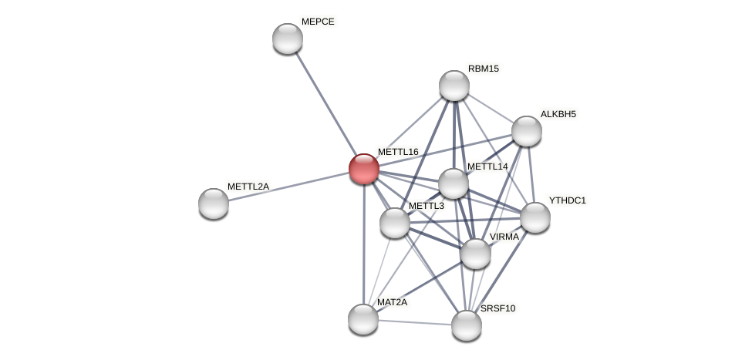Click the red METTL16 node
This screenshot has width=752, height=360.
point(364,169)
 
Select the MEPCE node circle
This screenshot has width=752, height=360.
point(288,39)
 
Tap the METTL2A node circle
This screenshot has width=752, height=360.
point(214,204)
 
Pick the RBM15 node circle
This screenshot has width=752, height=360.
point(454,86)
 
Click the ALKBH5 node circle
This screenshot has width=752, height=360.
point(527,131)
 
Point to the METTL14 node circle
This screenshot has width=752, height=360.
point(454,183)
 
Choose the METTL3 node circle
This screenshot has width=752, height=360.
point(395,223)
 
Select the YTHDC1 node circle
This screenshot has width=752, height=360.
point(535,217)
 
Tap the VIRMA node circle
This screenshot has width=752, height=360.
point(476,254)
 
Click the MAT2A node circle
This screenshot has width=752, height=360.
point(363,319)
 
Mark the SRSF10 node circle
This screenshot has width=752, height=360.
point(467,325)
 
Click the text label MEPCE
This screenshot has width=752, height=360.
point(318,22)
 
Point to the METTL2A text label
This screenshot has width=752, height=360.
point(248,187)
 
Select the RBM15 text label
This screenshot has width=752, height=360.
point(484,69)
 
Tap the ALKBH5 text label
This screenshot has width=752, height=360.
point(558,114)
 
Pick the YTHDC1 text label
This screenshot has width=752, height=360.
point(568,200)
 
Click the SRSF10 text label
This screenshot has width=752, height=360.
point(498,308)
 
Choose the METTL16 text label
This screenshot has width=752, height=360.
point(398,152)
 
